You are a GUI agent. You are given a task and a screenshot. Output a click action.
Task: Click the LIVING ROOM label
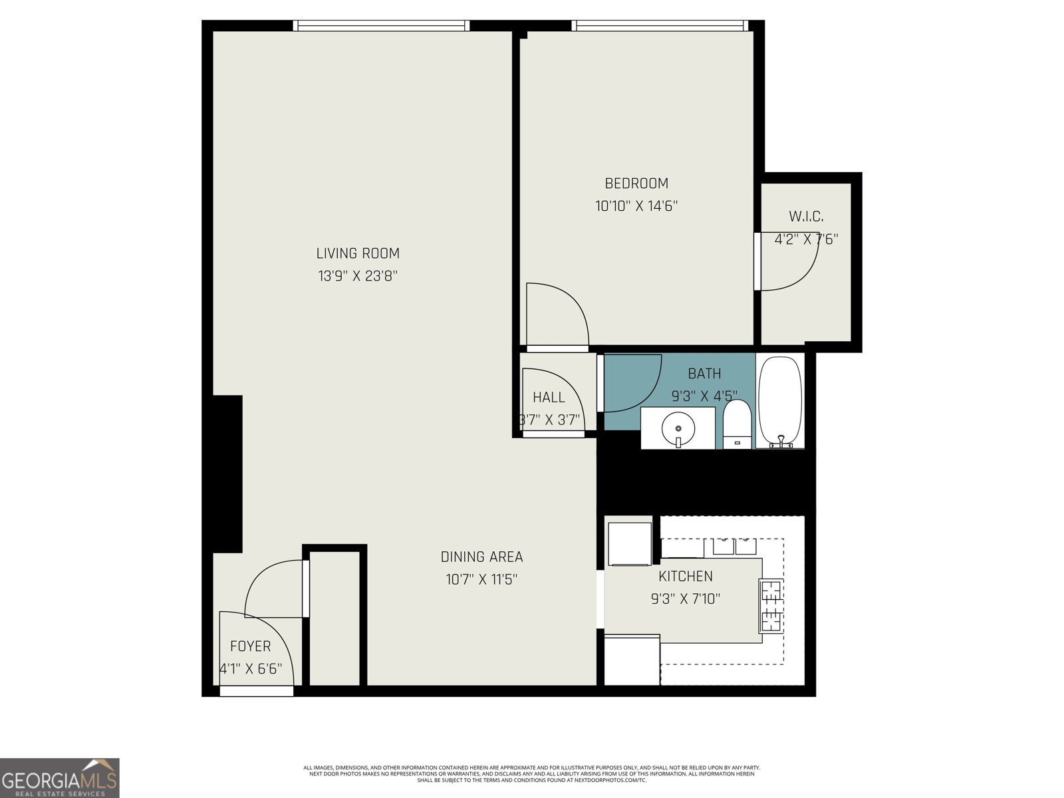[358, 253]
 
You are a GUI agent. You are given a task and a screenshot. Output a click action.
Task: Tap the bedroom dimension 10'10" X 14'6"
[636, 206]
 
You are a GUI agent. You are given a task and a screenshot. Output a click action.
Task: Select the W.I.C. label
[806, 217]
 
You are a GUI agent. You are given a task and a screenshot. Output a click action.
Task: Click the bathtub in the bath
[780, 401]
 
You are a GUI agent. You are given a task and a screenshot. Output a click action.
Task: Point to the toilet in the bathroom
[736, 423]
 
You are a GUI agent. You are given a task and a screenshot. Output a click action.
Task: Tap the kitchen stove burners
[771, 605]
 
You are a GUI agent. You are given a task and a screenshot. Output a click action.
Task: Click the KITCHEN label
[685, 577]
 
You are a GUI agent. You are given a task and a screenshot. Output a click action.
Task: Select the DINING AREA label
[481, 557]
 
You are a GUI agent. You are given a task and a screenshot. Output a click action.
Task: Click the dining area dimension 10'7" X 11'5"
[481, 580]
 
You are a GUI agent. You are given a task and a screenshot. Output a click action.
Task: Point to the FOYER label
[250, 646]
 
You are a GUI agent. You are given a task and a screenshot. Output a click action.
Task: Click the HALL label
[549, 398]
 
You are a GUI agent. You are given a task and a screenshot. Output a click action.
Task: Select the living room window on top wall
[381, 26]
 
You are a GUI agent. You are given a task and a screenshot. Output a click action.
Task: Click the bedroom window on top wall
[659, 26]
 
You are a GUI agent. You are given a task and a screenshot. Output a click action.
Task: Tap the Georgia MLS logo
[59, 778]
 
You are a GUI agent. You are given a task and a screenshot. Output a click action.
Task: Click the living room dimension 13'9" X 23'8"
[358, 276]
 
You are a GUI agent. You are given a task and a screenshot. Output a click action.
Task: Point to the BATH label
[704, 374]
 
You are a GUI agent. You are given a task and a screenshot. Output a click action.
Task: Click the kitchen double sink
[734, 547]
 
